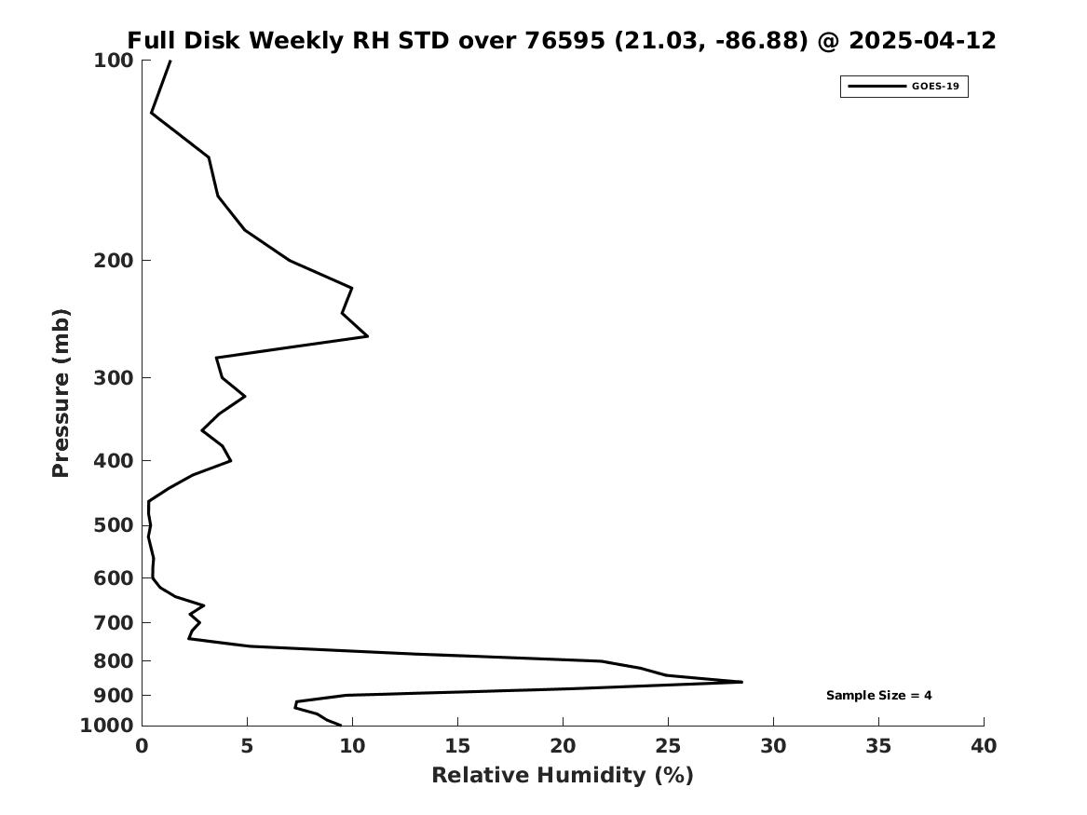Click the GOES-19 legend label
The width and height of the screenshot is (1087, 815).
pyautogui.click(x=935, y=87)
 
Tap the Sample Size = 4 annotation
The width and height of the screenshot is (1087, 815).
pyautogui.click(x=878, y=695)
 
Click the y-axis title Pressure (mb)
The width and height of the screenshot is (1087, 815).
pyautogui.click(x=61, y=393)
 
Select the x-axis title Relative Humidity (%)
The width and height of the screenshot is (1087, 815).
pyautogui.click(x=563, y=775)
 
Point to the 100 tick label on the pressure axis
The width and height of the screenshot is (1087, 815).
pyautogui.click(x=113, y=61)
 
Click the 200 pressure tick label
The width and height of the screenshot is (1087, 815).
pyautogui.click(x=113, y=261)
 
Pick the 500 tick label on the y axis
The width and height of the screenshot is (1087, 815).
pyautogui.click(x=113, y=525)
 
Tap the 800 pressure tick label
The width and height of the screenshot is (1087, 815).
pyautogui.click(x=113, y=661)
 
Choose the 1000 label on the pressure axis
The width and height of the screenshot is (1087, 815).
pyautogui.click(x=107, y=726)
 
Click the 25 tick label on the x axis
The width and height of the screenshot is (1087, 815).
pyautogui.click(x=668, y=746)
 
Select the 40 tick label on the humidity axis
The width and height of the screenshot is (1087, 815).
pyautogui.click(x=984, y=746)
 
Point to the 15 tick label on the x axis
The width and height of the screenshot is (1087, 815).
pyautogui.click(x=457, y=746)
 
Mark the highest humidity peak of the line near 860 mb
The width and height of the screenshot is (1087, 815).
pyautogui.click(x=741, y=682)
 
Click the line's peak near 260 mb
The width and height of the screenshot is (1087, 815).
pyautogui.click(x=367, y=336)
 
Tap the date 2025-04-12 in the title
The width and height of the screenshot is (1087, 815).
pyautogui.click(x=922, y=40)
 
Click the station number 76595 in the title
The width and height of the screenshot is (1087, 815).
pyautogui.click(x=564, y=40)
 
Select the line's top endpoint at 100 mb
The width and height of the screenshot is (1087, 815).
pyautogui.click(x=170, y=61)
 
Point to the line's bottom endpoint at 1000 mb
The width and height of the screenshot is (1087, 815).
pyautogui.click(x=340, y=725)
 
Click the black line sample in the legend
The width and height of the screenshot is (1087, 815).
pyautogui.click(x=876, y=87)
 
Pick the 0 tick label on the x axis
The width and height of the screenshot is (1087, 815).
pyautogui.click(x=143, y=746)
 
